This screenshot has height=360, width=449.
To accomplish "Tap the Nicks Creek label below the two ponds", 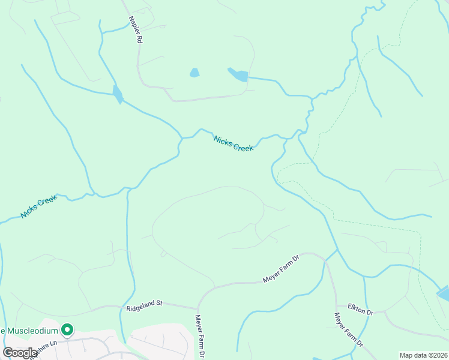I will tap(234, 143).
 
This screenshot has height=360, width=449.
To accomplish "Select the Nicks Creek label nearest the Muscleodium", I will tap(38, 206).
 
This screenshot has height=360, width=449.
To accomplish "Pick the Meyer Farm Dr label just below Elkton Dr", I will tap(348, 330).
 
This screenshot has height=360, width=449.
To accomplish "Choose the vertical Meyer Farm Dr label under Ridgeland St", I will tap(200, 336).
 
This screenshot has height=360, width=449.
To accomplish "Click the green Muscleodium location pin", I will tap(68, 329).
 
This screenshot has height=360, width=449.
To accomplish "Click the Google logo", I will tap(20, 353).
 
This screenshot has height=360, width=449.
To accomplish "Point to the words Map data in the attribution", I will tap(412, 355).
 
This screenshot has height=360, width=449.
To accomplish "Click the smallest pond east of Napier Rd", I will tap(194, 73).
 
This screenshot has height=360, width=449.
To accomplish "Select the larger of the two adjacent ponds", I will tap(239, 75).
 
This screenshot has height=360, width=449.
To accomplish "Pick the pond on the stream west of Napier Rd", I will tap(118, 94).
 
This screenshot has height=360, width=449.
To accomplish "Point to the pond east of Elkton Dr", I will tap(444, 293).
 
